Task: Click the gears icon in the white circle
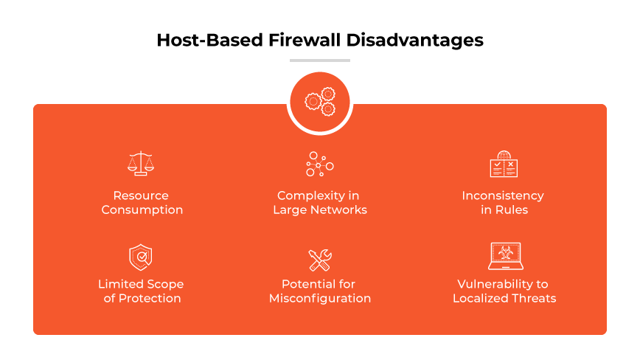320,103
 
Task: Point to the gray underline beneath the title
320,60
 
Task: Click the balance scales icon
142,163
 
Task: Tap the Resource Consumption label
142,203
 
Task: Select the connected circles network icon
320,164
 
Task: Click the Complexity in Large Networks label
320,203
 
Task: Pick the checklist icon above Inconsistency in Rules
504,164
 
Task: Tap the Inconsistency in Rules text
503,203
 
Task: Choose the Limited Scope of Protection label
141,291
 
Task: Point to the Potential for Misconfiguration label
320,291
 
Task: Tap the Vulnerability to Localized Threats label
504,291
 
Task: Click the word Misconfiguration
320,299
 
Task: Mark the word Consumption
142,210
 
